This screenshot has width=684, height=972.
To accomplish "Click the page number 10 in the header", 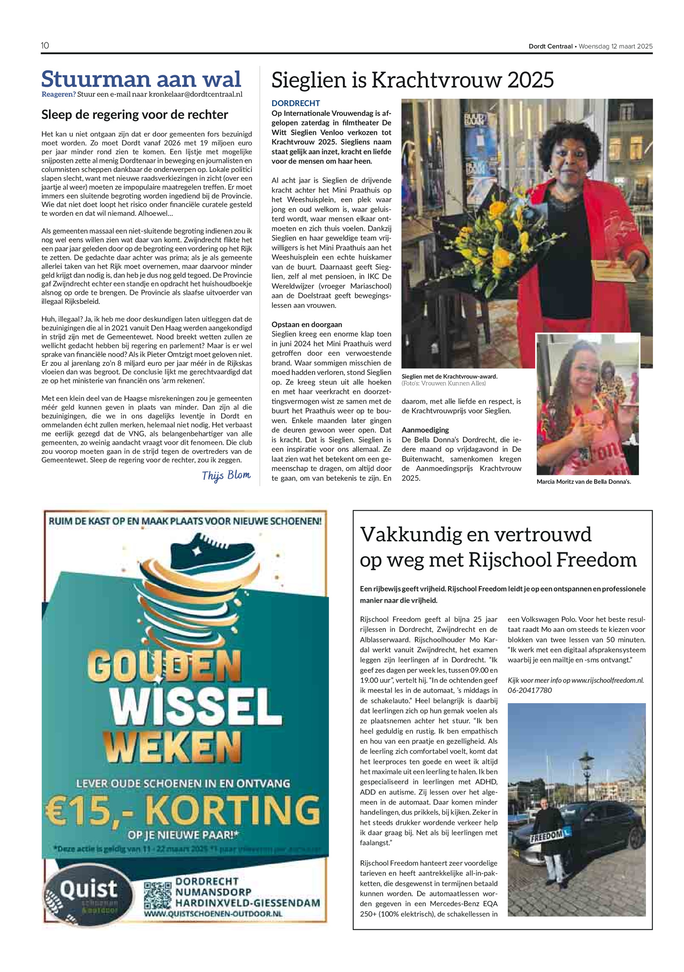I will click(x=45, y=46).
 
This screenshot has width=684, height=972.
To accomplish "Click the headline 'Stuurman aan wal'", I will click(x=141, y=79).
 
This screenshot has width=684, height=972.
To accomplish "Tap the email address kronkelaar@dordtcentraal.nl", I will click(x=195, y=94).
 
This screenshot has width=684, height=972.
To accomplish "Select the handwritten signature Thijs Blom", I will click(x=226, y=475).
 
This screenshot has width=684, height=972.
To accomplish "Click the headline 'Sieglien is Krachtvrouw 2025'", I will click(x=413, y=80).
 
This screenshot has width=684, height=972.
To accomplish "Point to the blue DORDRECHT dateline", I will click(x=296, y=103).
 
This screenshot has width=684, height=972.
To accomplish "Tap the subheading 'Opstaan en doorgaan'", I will click(x=307, y=324).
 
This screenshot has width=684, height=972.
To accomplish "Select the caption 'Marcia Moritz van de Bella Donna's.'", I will click(x=584, y=482).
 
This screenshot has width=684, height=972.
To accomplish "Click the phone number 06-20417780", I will click(x=530, y=690).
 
